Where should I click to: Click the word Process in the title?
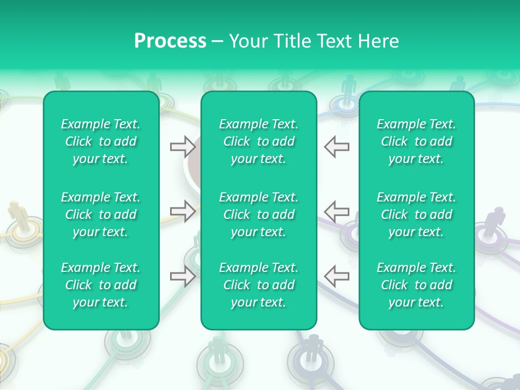(x=170, y=41)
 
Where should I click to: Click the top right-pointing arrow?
(x=183, y=146)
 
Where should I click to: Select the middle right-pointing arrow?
(x=183, y=211)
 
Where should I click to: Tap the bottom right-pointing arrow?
(x=183, y=276)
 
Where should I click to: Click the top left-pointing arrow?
(x=336, y=146)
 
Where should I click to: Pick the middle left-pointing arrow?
(x=336, y=211)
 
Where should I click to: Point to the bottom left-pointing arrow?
(x=336, y=276)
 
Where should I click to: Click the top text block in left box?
(x=101, y=141)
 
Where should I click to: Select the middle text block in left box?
(x=101, y=214)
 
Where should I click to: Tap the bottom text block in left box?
(x=101, y=285)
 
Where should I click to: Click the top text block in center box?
(x=259, y=141)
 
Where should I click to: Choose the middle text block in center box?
(x=259, y=214)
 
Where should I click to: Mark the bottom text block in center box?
(x=259, y=285)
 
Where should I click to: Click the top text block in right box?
(x=417, y=141)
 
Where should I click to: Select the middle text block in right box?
(x=417, y=214)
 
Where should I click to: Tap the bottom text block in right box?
(x=417, y=285)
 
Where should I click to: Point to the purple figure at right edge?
(x=494, y=222)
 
